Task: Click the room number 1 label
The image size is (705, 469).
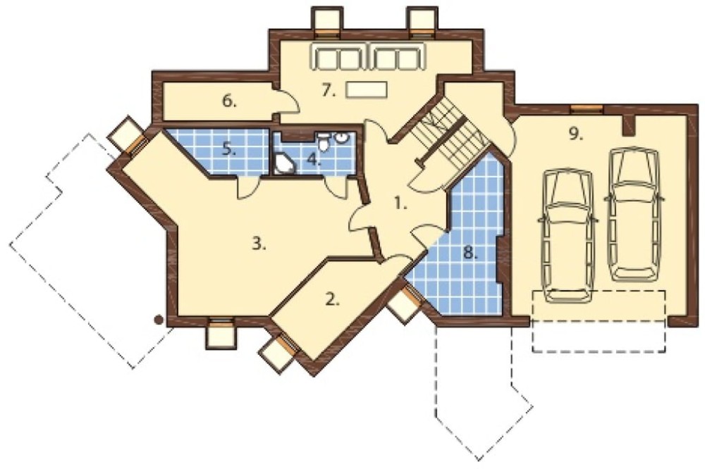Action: coord(400,204)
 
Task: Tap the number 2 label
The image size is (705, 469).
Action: coord(332,300)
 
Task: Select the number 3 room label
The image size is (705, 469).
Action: coord(259,244)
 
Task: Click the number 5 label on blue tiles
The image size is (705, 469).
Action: coord(229,149)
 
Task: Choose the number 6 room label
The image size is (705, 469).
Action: coord(229,102)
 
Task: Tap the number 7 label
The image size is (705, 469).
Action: coord(329,91)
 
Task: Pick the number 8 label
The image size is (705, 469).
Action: coord(470,254)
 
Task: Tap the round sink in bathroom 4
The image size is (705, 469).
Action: coord(342,137)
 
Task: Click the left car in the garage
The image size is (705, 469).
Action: coord(568,236)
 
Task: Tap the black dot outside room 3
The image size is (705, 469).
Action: coord(158,320)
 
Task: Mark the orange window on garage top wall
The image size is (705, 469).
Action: coord(587,108)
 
